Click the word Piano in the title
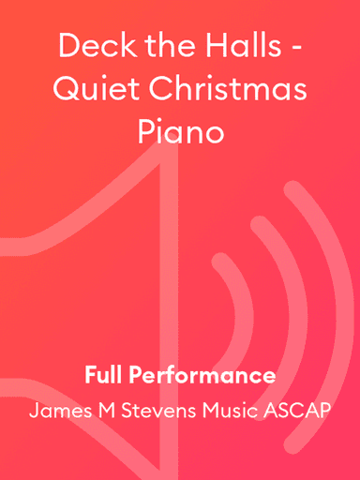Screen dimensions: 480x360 (x=180, y=132)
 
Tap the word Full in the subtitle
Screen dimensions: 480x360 (x=103, y=376)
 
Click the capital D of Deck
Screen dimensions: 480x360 (x=67, y=45)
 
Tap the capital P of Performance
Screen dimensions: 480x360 (x=135, y=376)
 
